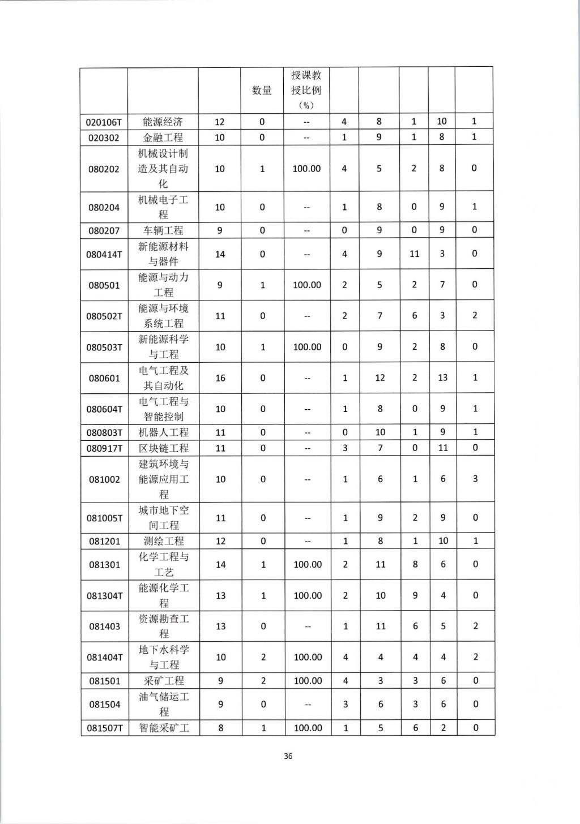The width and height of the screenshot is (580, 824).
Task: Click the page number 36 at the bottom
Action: click(x=288, y=756)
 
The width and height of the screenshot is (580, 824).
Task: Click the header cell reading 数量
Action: click(x=262, y=91)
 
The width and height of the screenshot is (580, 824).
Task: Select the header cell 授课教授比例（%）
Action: click(x=306, y=90)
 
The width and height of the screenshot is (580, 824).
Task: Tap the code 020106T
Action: click(x=104, y=122)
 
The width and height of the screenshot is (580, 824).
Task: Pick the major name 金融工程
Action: click(x=163, y=138)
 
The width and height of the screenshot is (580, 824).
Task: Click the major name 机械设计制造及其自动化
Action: click(x=163, y=169)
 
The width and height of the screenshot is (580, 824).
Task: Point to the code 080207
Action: click(x=104, y=230)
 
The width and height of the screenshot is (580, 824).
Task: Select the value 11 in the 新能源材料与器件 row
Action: click(x=414, y=254)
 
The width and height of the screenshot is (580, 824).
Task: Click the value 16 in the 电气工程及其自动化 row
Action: click(x=220, y=378)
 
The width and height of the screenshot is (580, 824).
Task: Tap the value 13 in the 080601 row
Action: click(x=442, y=377)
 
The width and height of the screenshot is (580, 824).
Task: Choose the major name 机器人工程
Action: click(x=163, y=432)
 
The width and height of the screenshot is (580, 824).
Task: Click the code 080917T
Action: click(x=104, y=448)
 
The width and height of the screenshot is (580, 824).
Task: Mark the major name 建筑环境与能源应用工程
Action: click(x=163, y=479)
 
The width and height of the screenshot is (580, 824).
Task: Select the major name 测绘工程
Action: click(x=163, y=541)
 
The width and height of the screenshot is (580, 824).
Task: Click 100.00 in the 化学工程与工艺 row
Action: click(x=308, y=564)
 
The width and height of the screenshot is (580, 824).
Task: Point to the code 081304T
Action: click(x=104, y=595)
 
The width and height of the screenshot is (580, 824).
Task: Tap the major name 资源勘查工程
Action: click(x=163, y=626)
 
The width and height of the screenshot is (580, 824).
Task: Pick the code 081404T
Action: click(x=104, y=657)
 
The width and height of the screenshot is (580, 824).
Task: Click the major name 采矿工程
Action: click(x=163, y=681)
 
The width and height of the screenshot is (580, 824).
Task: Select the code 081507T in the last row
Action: click(x=104, y=728)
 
